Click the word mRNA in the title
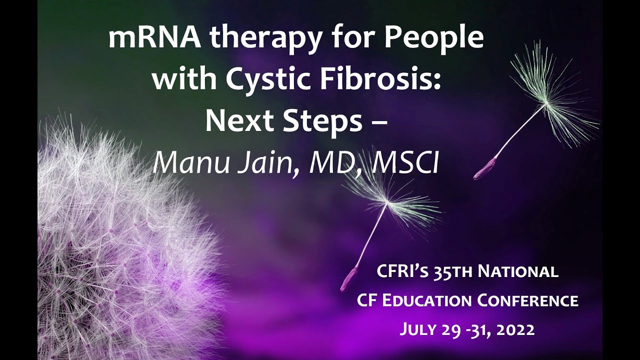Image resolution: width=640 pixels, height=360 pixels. (150, 39)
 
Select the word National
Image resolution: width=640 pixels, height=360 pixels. (518, 272)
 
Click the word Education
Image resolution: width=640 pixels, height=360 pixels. (428, 301)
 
